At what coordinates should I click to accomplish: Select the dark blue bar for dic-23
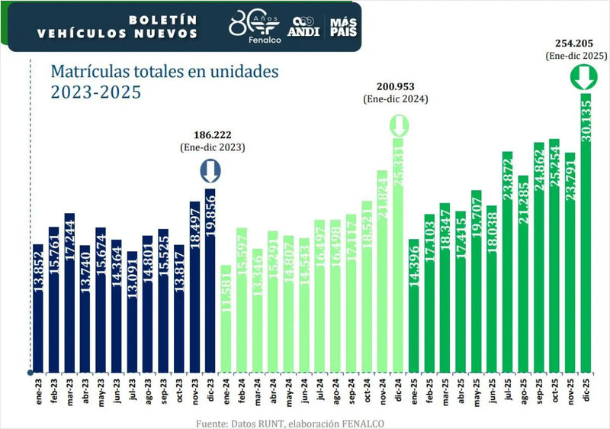coord(210,279)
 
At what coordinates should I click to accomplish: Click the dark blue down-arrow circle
coord(210,170)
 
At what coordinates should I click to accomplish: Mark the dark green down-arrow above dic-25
coord(585,78)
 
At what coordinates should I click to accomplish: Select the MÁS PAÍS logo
coord(342,27)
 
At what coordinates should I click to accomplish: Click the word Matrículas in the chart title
coord(85,73)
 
